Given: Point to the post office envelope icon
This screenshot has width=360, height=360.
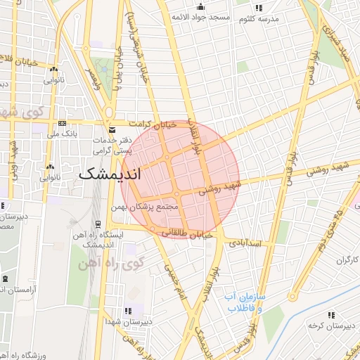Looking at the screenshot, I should (x=112, y=129).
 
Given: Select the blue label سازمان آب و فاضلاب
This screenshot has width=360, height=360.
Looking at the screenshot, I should (x=244, y=302).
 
